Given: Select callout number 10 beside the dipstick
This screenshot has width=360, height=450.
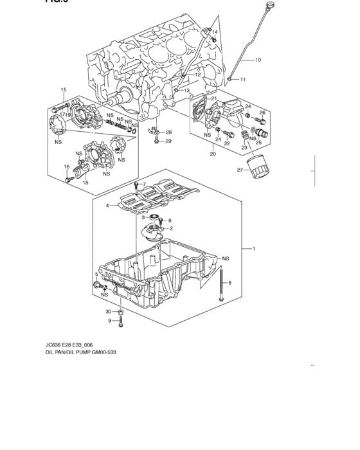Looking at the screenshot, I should (x=258, y=60).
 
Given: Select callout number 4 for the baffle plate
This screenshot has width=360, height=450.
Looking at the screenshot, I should (x=108, y=206).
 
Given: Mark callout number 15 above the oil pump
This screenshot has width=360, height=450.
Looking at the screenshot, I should (x=64, y=89).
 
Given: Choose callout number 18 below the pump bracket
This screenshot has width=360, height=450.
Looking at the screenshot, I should (x=85, y=183).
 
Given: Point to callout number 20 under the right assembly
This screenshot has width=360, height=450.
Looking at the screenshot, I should (x=212, y=154).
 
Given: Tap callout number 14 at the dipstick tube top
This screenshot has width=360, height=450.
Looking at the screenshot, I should (x=215, y=32).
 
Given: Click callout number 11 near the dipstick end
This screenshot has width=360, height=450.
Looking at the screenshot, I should (x=243, y=79).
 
